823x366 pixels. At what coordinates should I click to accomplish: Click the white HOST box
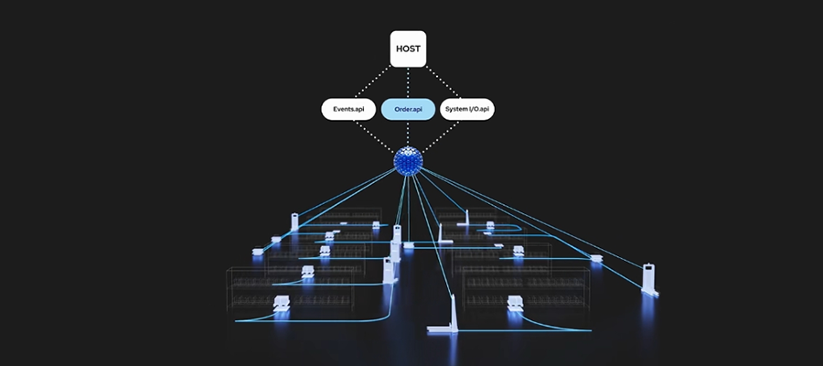pos(408,48)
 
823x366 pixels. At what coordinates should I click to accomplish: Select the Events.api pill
pos(348,110)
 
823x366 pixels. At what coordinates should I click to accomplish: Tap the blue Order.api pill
pos(408,110)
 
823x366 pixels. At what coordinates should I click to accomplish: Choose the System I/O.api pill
pos(467,110)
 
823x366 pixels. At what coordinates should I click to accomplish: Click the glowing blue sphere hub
pos(408,161)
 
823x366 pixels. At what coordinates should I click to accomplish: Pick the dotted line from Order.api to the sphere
pos(408,134)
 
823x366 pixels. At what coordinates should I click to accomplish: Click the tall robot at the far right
pos(648,278)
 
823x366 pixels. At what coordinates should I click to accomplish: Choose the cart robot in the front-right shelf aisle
pos(515,305)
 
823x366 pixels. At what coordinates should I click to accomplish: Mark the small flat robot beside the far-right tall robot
pos(597,258)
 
